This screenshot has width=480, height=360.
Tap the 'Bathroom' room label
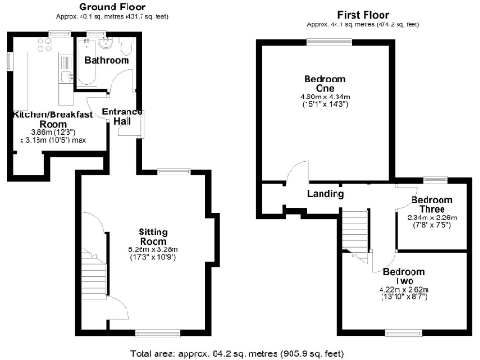(106, 60)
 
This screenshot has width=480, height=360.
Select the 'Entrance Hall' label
(122, 117)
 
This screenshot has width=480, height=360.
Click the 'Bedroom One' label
(325, 82)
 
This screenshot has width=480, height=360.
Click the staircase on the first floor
(354, 234)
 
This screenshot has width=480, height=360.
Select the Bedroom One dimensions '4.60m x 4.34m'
(325, 97)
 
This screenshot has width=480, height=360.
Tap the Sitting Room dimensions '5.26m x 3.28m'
(152, 249)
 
